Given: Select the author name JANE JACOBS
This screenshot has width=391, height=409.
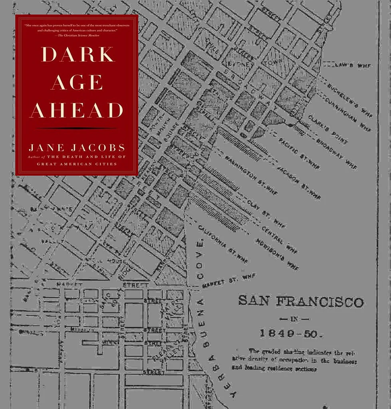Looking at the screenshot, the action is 77,148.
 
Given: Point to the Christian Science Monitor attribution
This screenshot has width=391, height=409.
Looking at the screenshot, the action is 77,36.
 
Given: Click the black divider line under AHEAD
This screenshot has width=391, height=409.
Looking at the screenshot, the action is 77,128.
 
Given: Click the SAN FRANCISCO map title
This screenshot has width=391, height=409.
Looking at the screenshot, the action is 301,301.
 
